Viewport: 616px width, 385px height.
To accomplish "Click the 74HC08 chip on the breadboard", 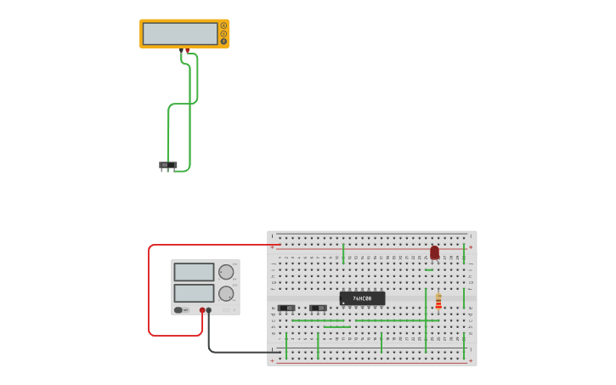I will pos(363,298).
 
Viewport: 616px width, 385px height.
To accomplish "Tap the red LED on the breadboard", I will pos(434,252).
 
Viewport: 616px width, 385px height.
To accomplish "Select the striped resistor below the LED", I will pos(438,302).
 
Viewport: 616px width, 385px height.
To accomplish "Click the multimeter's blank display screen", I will pos(180,34).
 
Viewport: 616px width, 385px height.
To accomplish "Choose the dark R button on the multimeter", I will pos(223,41).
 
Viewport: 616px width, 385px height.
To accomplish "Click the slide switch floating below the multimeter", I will pos(167,165).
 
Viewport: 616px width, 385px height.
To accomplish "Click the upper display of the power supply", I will pos(195,272).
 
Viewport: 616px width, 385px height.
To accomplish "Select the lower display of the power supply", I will pos(195,293).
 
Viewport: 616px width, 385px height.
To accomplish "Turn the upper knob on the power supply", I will pos(226,272).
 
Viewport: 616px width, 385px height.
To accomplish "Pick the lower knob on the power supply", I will pos(226,293).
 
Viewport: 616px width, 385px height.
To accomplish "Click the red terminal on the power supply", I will pos(202,310).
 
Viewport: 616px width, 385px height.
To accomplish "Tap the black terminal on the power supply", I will pos(209,310).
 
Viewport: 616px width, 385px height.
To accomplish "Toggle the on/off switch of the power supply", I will pos(179,309).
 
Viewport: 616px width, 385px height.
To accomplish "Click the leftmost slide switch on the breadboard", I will pos(286,308).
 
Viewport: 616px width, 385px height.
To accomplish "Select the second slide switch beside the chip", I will pos(318,308).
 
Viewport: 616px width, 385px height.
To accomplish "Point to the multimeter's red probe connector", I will pos(187,51).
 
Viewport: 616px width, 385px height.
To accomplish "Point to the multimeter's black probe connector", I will pos(181,51).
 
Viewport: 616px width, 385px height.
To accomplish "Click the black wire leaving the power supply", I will pos(238,352).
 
